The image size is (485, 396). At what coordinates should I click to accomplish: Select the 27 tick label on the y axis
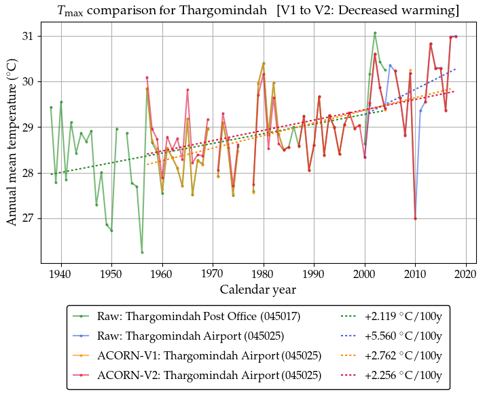[32, 219]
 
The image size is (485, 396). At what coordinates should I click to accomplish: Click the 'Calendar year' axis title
[257, 290]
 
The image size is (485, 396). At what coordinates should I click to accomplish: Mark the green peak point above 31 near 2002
[375, 33]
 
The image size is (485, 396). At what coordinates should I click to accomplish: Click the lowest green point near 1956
[142, 252]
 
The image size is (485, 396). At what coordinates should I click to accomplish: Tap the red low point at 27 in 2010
[415, 218]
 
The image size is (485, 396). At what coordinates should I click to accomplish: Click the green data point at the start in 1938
[51, 107]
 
